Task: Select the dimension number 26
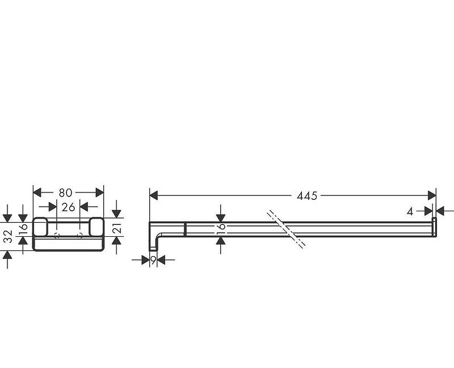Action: click(69, 207)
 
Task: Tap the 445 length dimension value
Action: click(307, 196)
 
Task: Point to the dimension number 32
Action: click(7, 237)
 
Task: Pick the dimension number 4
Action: click(410, 211)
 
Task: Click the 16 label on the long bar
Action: click(221, 228)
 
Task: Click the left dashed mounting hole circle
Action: click(56, 235)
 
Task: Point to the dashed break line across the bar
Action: click(288, 229)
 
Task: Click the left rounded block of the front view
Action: click(40, 227)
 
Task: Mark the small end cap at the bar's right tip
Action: click(435, 225)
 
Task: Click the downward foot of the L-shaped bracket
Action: click(153, 245)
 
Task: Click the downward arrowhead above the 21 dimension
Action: click(117, 214)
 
